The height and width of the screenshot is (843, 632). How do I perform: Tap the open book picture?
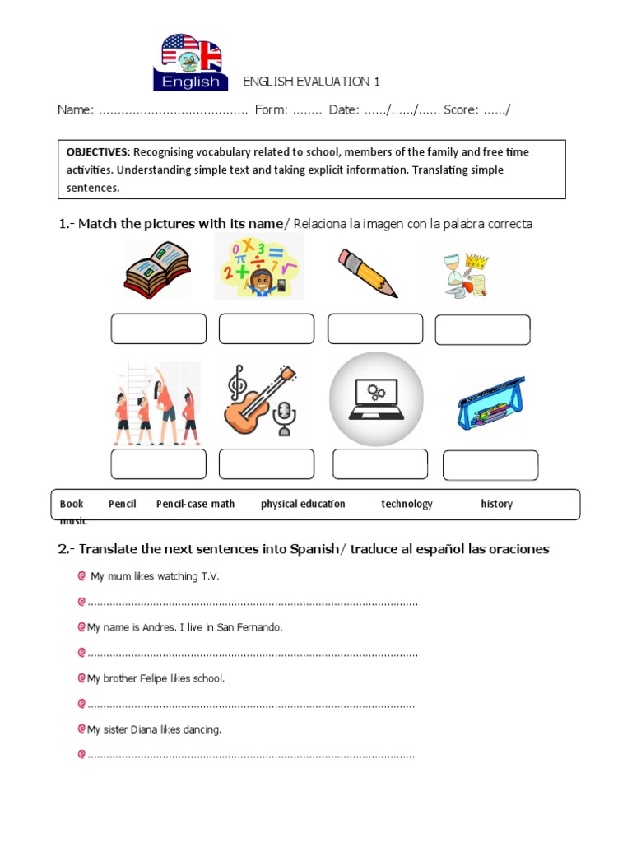pyautogui.click(x=156, y=269)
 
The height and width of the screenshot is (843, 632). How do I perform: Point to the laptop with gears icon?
pyautogui.click(x=376, y=398)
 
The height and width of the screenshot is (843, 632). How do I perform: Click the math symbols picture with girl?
pyautogui.click(x=259, y=267)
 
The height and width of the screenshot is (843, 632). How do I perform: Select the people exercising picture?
pyautogui.click(x=156, y=403)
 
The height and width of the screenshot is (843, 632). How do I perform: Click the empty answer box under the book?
pyautogui.click(x=159, y=328)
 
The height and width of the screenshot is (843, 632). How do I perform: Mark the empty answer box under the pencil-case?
pyautogui.click(x=490, y=465)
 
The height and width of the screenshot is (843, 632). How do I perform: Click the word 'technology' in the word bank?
pyautogui.click(x=407, y=504)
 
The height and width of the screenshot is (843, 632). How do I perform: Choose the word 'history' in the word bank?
pyautogui.click(x=496, y=504)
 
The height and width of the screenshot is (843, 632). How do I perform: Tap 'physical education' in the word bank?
pyautogui.click(x=303, y=504)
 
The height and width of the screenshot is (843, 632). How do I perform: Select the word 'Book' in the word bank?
pyautogui.click(x=72, y=504)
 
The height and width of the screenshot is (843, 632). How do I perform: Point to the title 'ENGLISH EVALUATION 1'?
pyautogui.click(x=311, y=82)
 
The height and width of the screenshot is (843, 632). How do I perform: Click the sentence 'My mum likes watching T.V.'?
pyautogui.click(x=155, y=577)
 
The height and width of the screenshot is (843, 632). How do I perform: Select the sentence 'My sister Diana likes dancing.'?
pyautogui.click(x=154, y=729)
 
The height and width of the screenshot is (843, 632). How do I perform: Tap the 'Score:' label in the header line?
pyautogui.click(x=462, y=110)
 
